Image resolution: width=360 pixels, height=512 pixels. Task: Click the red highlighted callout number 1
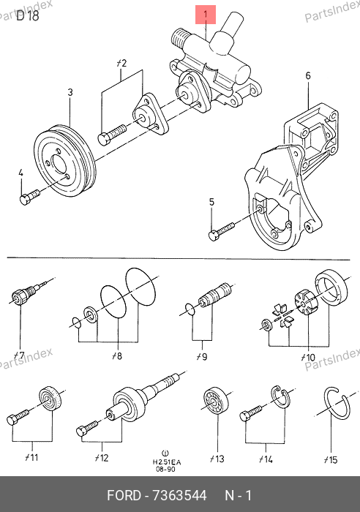[206, 15]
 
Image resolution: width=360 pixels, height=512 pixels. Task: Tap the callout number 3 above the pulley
[70, 92]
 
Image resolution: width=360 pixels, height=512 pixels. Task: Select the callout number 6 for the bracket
[308, 76]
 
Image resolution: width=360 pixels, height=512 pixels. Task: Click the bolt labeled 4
[30, 197]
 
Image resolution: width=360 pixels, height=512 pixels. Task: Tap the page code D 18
[28, 15]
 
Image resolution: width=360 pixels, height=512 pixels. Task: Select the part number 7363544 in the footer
[179, 496]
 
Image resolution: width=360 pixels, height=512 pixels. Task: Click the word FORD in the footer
[124, 496]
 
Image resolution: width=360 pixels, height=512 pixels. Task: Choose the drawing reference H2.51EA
[167, 462]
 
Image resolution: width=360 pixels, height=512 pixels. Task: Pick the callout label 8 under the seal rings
[117, 355]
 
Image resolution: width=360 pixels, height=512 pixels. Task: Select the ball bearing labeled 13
[215, 401]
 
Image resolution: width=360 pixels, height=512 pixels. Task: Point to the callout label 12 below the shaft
[102, 457]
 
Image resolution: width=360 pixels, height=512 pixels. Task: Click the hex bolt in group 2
[112, 135]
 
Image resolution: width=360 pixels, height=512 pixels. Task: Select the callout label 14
[266, 459]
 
